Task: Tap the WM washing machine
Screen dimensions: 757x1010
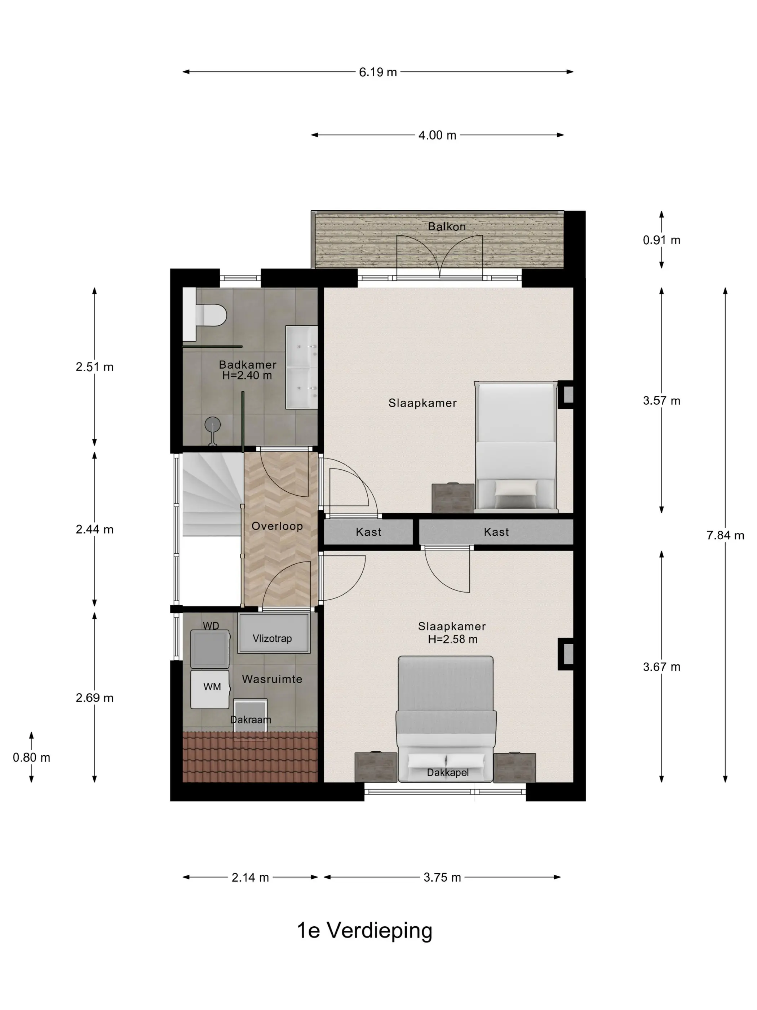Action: pos(210,689)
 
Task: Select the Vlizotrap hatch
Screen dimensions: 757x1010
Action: pos(273,633)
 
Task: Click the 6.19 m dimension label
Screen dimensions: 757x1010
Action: pos(378,72)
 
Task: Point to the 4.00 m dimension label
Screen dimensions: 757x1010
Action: pos(437,135)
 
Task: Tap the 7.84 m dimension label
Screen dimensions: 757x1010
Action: pos(725,535)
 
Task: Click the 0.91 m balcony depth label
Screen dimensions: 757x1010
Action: pos(661,240)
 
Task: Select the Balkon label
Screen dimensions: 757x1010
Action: pos(447,227)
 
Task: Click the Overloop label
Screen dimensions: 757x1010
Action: pos(277,526)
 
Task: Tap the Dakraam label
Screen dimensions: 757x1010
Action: pos(251,720)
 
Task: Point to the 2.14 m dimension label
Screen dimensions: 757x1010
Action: pos(250,878)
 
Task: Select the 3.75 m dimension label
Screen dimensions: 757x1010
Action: pos(442,878)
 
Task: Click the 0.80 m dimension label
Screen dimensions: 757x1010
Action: pos(31,757)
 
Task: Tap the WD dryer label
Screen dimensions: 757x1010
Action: pos(211,626)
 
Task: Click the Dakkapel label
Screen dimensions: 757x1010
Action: pos(448,773)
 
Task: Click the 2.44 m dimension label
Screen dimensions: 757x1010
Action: pos(94,529)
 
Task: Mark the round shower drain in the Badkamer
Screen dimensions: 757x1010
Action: pos(213,425)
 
